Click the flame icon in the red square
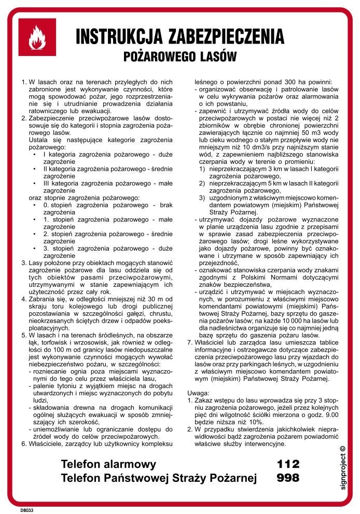tap(37, 37)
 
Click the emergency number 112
tap(288, 463)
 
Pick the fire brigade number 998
tap(288, 478)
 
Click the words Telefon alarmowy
tap(108, 463)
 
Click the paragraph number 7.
tap(189, 342)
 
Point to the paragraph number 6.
tap(23, 443)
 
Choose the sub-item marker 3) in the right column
tap(202, 198)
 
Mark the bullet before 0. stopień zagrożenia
tap(34, 205)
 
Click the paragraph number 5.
tap(23, 335)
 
